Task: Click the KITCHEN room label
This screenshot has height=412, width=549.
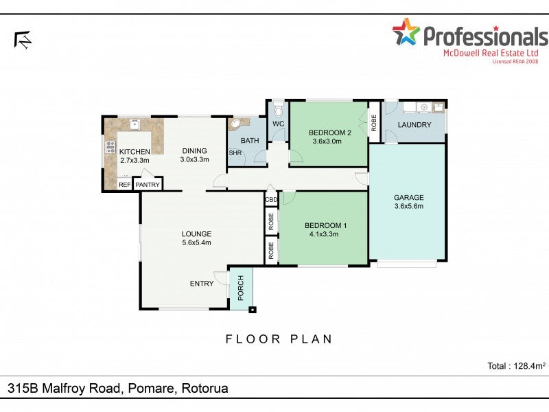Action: coord(135,151)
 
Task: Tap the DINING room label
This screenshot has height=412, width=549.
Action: coord(194,151)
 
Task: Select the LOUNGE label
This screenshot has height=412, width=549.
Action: coord(196,233)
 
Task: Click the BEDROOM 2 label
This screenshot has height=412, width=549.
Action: coord(329,133)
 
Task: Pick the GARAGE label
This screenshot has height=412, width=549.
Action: coord(408,197)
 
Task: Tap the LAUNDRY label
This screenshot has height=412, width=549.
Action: coord(414,125)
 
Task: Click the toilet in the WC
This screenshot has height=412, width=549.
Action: coord(278,110)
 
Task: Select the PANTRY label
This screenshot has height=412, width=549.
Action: coord(148,185)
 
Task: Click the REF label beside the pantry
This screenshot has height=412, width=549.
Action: coord(124,185)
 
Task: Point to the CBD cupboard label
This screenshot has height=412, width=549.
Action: coord(271,200)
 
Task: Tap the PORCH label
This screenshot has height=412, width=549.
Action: coord(241,288)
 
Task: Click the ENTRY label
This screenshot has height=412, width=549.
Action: coord(202,283)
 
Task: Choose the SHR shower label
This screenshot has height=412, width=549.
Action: coord(235,153)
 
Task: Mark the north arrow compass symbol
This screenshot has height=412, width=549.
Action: coord(23,40)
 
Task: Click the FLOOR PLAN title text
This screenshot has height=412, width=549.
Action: coord(279,339)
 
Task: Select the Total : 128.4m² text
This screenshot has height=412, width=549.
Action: coord(515,366)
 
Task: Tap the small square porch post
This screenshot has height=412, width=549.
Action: coord(253,310)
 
